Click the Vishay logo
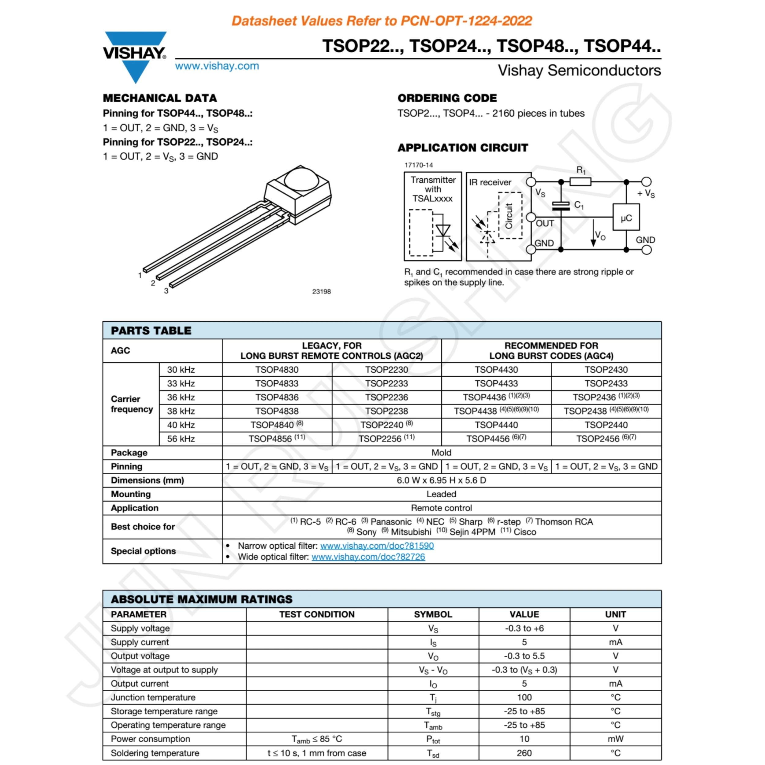135,55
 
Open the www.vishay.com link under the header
217,66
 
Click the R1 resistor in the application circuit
580,182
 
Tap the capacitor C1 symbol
561,206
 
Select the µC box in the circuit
626,217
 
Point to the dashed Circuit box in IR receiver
510,215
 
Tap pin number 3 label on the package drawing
166,291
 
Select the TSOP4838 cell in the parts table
277,411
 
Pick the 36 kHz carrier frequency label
181,397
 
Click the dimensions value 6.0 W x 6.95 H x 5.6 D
441,480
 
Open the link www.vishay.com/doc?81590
377,546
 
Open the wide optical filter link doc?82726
368,557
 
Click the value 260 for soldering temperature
524,753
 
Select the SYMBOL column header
433,614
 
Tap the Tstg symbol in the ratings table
433,711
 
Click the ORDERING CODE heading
447,98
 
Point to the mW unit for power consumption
615,739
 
